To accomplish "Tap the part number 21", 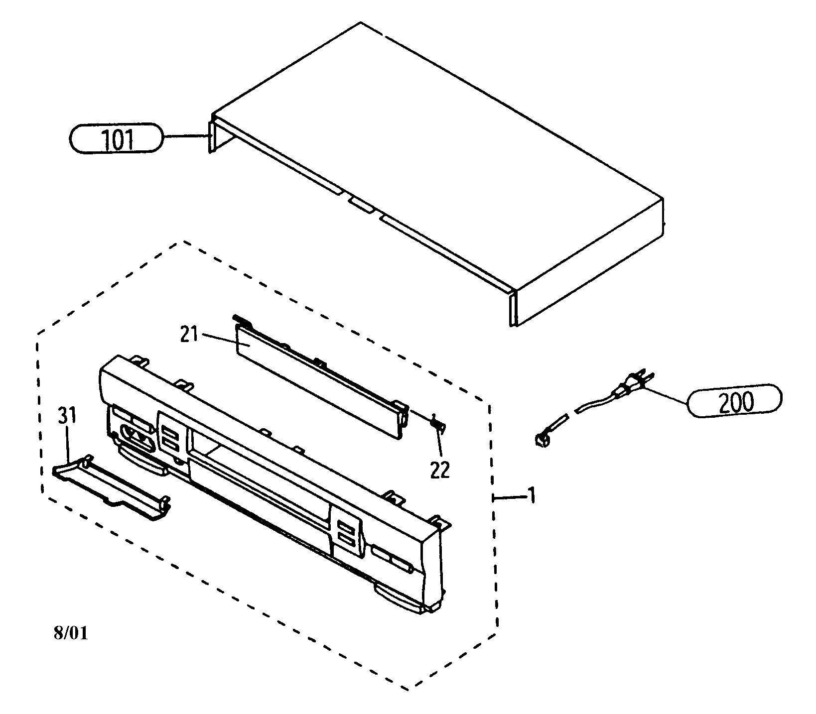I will (189, 335).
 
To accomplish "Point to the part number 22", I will (440, 470).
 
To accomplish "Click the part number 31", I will (67, 415).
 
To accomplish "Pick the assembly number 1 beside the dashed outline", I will (532, 496).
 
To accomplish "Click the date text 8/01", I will (70, 633).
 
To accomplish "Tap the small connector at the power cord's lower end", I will (540, 439).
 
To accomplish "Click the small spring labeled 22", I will (437, 423).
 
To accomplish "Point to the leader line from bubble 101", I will (184, 136).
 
